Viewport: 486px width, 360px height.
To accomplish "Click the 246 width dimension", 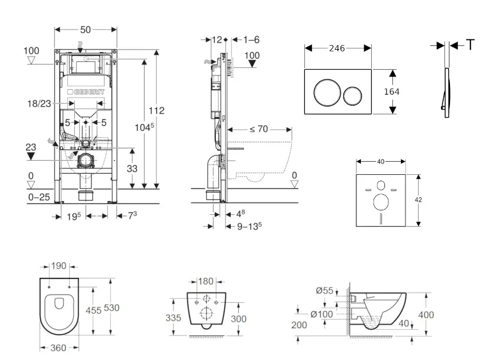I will point(337,49).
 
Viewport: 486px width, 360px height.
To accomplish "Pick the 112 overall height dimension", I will point(160,110).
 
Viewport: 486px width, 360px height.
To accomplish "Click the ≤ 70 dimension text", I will point(258,129).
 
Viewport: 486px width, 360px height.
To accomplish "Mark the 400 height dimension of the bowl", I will point(426,314).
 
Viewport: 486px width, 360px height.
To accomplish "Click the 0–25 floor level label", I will point(38,197).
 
